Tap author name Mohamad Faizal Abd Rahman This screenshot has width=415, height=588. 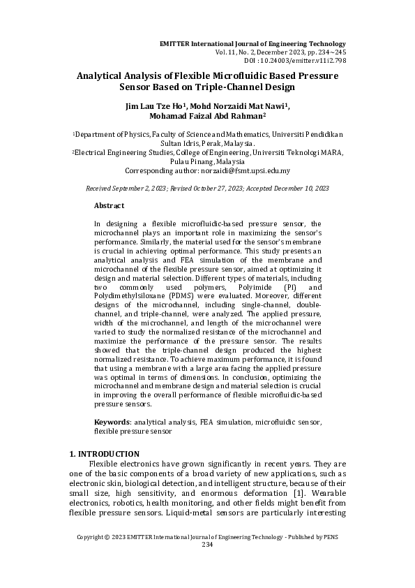pyautogui.click(x=207, y=117)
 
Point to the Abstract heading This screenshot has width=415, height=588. pyautogui.click(x=109, y=206)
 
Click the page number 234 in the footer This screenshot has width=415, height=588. pyautogui.click(x=207, y=545)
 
